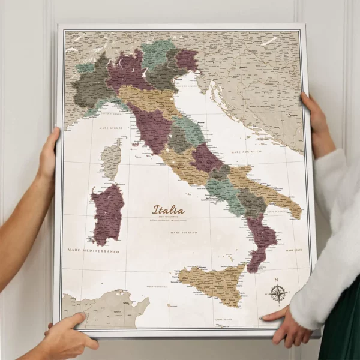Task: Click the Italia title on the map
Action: (169, 211)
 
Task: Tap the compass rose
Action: (277, 293)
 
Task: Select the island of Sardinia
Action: (107, 214)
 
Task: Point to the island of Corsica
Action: (111, 159)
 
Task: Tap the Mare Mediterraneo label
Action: (93, 251)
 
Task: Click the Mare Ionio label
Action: (294, 250)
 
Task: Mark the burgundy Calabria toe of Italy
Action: (261, 240)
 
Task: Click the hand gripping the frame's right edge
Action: (317, 123)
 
